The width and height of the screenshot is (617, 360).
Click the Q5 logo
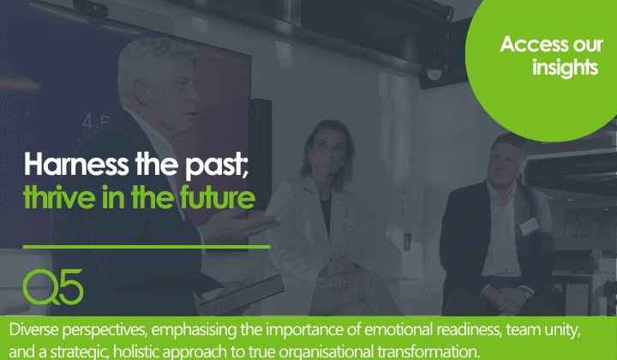pyautogui.click(x=53, y=287)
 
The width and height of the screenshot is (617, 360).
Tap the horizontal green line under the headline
pyautogui.click(x=146, y=246)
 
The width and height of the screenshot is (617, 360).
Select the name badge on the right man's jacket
pyautogui.click(x=529, y=224)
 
